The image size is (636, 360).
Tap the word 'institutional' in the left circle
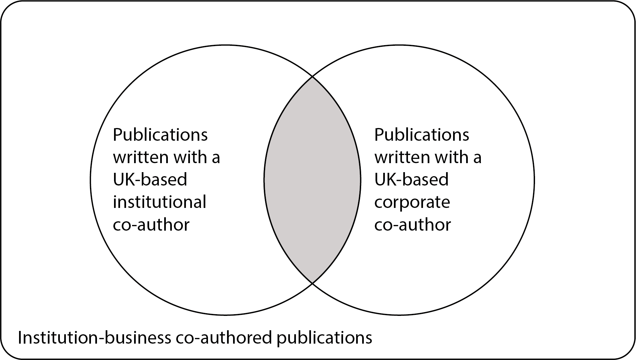pos(160,202)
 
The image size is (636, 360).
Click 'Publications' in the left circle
pos(160,135)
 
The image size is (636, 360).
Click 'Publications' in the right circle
pos(422,135)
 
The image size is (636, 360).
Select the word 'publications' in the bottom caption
pos(324,339)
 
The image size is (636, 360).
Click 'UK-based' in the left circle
pos(150,180)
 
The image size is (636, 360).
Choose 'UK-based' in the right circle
pos(411,180)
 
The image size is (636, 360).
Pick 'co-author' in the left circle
pos(151,225)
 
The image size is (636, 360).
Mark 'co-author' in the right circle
pos(413,225)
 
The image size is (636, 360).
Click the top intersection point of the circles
pos(312,77)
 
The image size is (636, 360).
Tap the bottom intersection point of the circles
pos(312,283)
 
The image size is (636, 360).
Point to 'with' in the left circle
pos(189,157)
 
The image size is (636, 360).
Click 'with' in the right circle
pos(450,157)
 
